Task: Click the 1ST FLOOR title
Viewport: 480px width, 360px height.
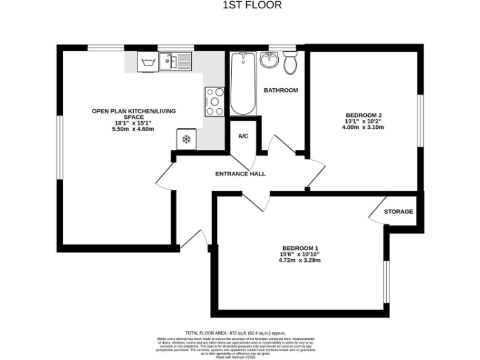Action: click(252, 6)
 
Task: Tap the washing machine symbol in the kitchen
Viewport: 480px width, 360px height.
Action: click(148, 61)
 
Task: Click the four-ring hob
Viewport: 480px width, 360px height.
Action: click(214, 101)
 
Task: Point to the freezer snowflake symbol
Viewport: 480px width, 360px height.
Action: click(186, 139)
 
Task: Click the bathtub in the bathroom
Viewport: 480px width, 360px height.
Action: click(242, 84)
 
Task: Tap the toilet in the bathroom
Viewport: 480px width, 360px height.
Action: click(289, 62)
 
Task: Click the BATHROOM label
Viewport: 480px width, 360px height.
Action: click(281, 91)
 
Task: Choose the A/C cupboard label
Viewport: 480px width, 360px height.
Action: click(244, 136)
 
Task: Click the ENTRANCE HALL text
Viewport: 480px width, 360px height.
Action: click(240, 174)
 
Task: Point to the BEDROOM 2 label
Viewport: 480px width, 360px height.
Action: click(363, 115)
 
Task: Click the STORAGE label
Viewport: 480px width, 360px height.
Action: click(398, 212)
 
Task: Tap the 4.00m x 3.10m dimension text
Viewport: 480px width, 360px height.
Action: click(363, 127)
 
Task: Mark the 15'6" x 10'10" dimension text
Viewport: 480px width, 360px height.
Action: click(300, 254)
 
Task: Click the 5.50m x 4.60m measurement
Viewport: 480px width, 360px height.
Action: click(132, 129)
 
